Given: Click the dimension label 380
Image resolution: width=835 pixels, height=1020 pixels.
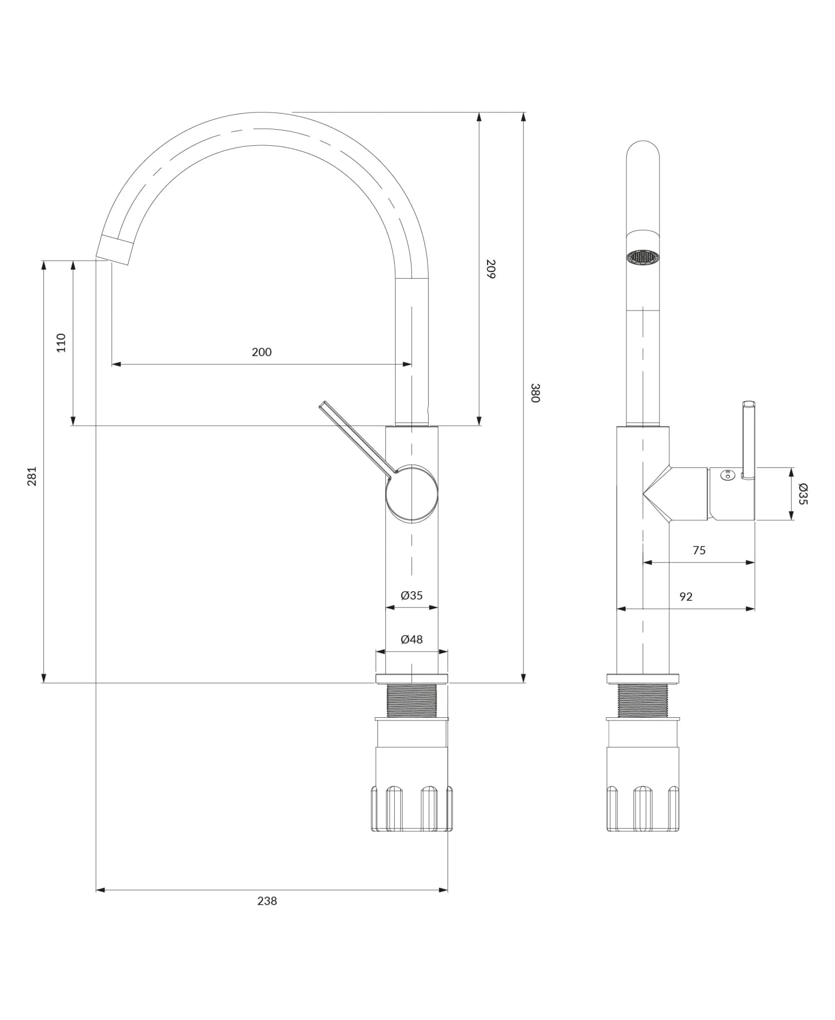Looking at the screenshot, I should (535, 393).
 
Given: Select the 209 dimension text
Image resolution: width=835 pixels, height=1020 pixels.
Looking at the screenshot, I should (490, 269).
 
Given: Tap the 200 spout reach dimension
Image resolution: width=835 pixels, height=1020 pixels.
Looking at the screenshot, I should (262, 352).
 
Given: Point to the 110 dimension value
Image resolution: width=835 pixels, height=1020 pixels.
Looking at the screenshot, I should (61, 343).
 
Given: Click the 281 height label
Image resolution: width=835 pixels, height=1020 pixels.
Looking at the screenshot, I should (32, 476).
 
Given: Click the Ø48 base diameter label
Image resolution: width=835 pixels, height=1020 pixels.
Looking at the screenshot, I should (411, 639).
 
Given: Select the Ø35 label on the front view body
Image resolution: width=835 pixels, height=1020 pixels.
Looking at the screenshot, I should (411, 595).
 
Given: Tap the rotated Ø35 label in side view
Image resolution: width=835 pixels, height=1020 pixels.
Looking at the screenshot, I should (802, 494).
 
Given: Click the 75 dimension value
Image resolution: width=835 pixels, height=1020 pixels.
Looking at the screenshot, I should (699, 550).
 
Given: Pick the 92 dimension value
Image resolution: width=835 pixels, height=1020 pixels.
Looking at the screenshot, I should (686, 597).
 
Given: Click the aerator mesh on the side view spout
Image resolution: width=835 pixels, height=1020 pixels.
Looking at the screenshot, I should (643, 257).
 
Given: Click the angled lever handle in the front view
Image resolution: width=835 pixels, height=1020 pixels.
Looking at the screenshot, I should (356, 437).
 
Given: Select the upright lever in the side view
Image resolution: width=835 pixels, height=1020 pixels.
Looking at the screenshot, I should (749, 440).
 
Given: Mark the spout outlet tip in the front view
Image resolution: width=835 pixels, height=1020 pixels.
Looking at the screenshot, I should (115, 250).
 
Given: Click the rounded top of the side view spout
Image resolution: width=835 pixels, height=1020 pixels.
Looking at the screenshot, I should (643, 153).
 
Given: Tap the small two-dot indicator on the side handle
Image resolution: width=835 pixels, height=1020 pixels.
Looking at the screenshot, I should (727, 475).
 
